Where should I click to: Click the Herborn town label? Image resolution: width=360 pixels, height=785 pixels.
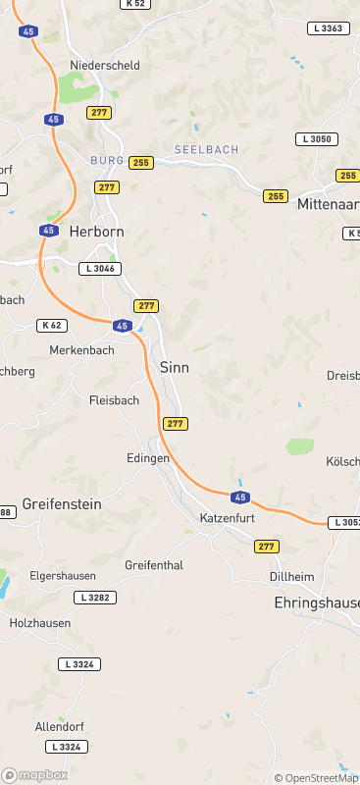(x=96, y=232)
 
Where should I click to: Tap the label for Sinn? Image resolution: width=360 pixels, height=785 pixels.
(x=174, y=367)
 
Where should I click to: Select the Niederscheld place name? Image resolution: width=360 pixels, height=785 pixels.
(x=105, y=66)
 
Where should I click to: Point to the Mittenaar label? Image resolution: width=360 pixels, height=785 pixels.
(x=327, y=204)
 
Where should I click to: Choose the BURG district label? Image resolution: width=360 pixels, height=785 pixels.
(x=106, y=160)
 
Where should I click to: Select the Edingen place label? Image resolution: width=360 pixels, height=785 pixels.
(x=148, y=458)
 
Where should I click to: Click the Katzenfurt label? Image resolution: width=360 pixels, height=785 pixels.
(x=228, y=517)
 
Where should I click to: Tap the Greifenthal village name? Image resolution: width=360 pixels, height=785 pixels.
(x=155, y=565)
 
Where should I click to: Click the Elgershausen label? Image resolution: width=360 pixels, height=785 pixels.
(x=65, y=576)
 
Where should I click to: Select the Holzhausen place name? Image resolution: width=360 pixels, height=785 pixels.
(x=40, y=623)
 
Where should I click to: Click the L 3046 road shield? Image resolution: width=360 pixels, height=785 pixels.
(x=101, y=268)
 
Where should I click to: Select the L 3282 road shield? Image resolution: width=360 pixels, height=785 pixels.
(x=94, y=597)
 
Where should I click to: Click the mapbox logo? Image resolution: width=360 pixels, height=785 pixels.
(x=35, y=775)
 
